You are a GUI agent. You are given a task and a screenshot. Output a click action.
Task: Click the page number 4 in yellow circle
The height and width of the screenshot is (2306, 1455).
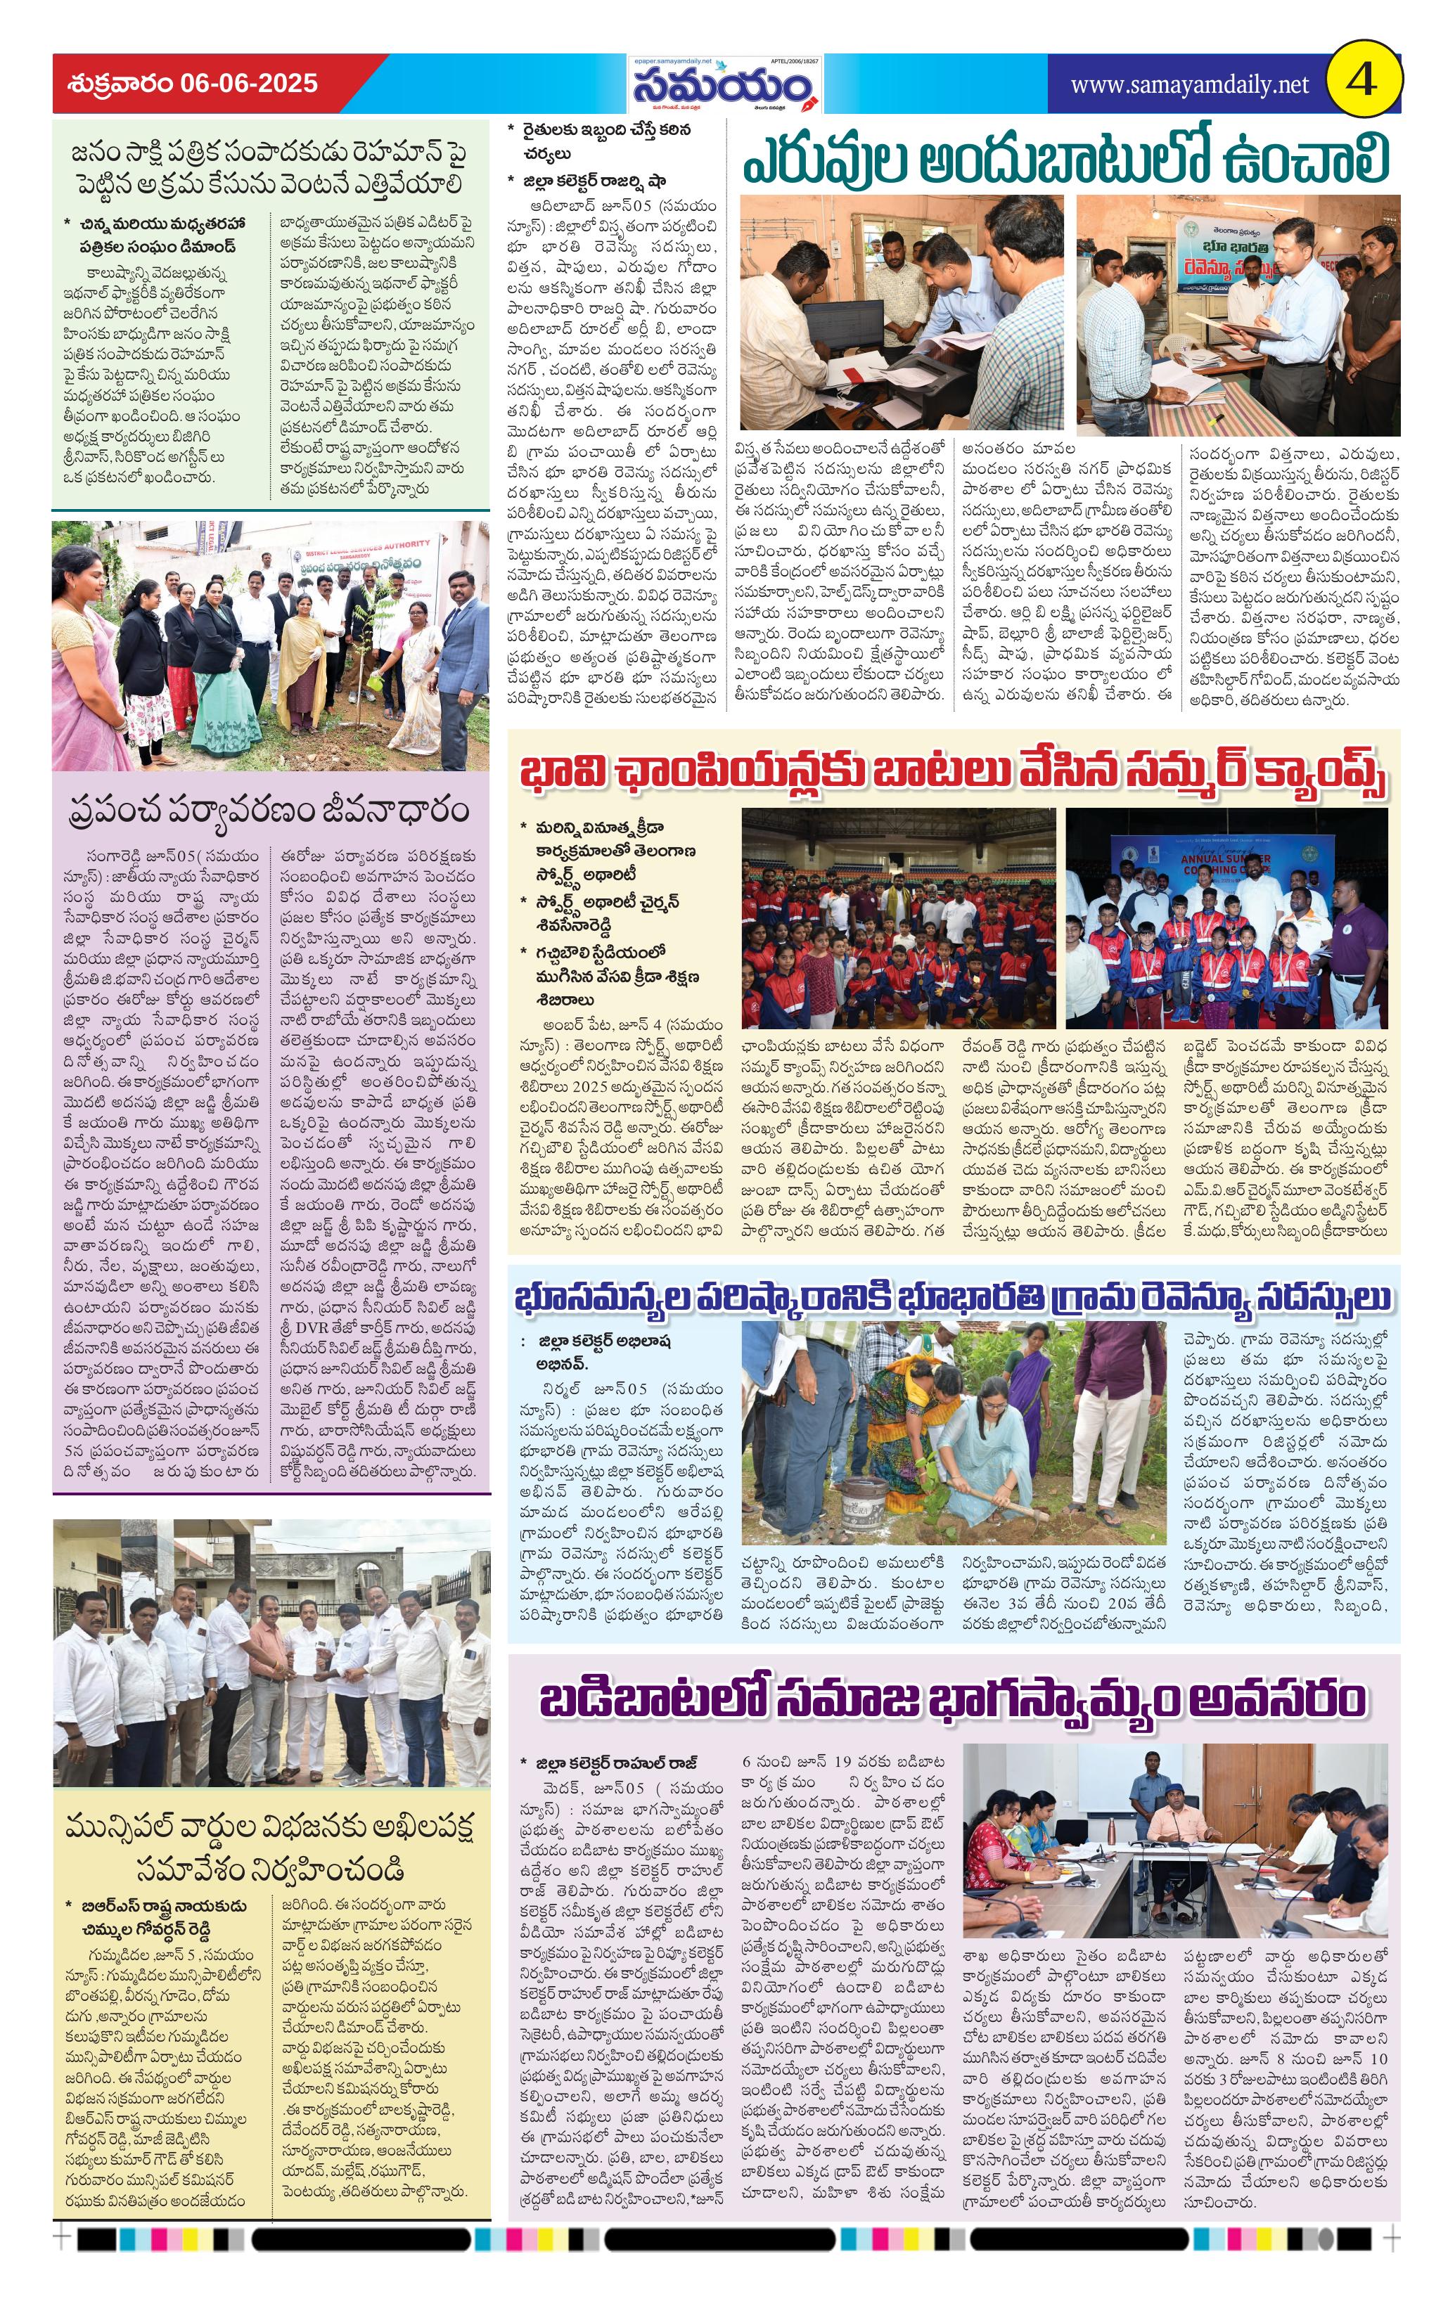(1362, 82)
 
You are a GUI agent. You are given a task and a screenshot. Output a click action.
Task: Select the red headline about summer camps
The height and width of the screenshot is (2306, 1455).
(952, 772)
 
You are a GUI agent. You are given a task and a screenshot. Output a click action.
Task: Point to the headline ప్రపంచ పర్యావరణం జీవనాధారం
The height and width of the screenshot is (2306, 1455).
(270, 810)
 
